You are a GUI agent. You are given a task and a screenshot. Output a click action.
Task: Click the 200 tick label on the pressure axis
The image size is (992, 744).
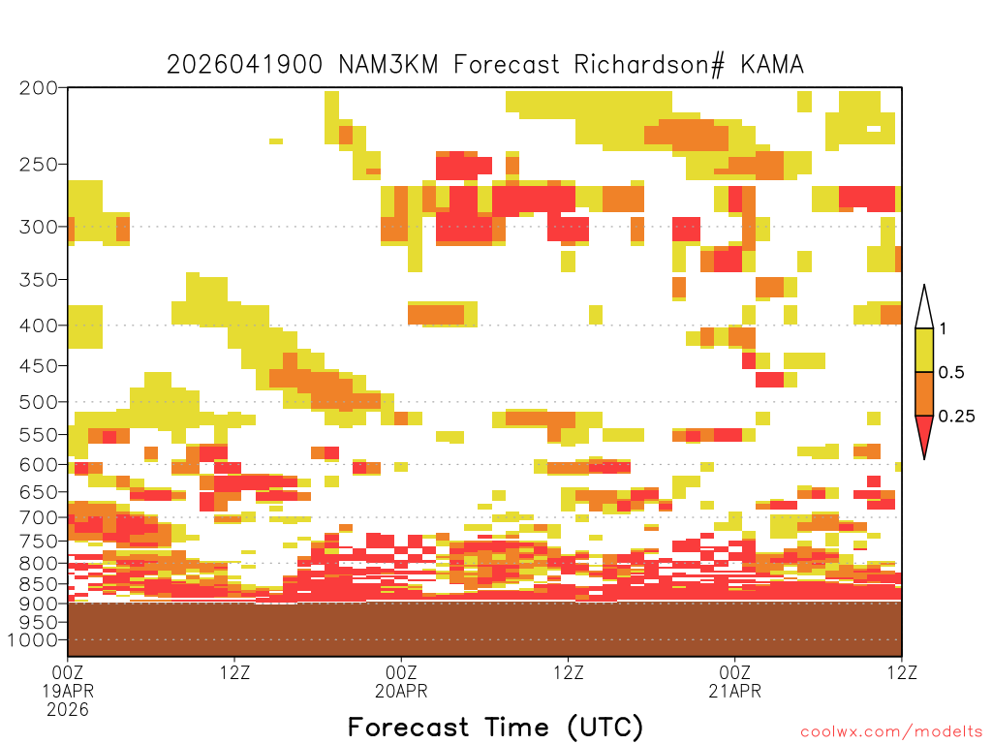pyautogui.click(x=38, y=88)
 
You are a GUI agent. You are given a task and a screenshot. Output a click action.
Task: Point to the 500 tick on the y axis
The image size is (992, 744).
pyautogui.click(x=38, y=402)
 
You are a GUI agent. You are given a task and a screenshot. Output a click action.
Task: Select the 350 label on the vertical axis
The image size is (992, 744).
pyautogui.click(x=38, y=280)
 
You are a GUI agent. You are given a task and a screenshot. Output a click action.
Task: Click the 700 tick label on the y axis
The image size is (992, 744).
pyautogui.click(x=38, y=517)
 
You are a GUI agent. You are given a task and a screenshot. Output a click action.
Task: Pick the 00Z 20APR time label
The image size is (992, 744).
pyautogui.click(x=401, y=681)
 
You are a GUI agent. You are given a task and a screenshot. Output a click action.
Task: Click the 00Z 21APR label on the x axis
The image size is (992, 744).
pyautogui.click(x=734, y=681)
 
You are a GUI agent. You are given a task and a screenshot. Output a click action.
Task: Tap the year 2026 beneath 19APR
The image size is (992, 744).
pyautogui.click(x=68, y=709)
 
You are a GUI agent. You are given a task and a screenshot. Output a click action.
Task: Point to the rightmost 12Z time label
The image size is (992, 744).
pyautogui.click(x=902, y=672)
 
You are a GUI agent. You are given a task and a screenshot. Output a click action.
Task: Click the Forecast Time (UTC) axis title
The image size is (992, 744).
pyautogui.click(x=495, y=727)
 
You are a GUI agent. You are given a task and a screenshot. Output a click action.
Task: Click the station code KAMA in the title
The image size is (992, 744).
pyautogui.click(x=772, y=65)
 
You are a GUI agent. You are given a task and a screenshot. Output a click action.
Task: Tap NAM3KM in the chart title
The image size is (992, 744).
pyautogui.click(x=388, y=65)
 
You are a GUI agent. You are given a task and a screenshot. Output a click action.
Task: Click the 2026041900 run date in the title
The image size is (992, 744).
pyautogui.click(x=244, y=65)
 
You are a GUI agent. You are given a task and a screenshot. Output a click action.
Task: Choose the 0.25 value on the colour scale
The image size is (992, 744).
pyautogui.click(x=956, y=416)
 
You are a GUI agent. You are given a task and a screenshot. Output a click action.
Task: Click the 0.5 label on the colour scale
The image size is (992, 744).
pyautogui.click(x=951, y=372)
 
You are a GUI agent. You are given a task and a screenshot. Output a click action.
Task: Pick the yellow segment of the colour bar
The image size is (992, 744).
pyautogui.click(x=924, y=350)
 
